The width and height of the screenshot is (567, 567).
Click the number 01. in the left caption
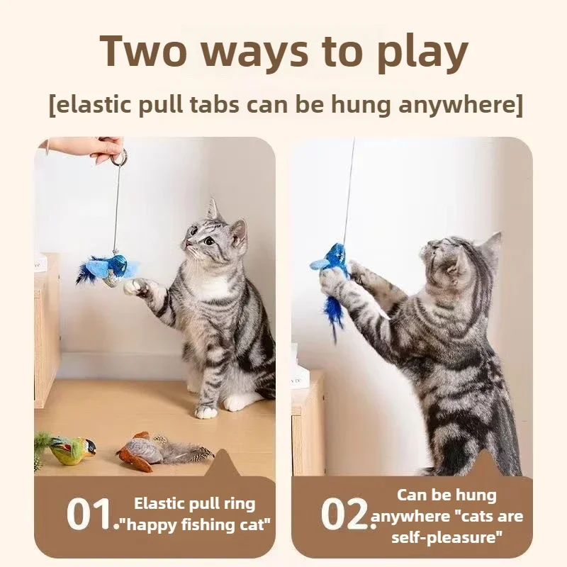pos(91,515)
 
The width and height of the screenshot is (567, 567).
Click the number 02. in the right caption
pos(346,515)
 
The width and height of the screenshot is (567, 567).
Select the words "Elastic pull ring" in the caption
pos(195,504)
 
